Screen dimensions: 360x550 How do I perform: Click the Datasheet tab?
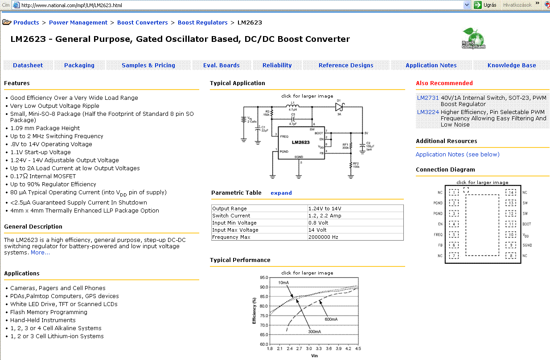(x=28, y=65)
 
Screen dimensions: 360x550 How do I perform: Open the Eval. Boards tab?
(x=222, y=65)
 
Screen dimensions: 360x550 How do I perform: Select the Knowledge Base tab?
(x=512, y=65)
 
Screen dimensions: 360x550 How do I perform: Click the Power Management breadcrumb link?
(x=78, y=22)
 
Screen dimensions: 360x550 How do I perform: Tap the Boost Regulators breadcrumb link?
(x=203, y=22)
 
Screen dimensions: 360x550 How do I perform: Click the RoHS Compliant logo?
(x=473, y=38)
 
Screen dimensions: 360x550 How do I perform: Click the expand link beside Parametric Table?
(x=281, y=193)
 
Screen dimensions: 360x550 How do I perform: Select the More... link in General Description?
(x=40, y=253)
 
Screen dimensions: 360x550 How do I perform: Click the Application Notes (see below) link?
(x=457, y=154)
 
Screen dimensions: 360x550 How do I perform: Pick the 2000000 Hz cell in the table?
(x=324, y=237)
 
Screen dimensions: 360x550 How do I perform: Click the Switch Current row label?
(x=229, y=216)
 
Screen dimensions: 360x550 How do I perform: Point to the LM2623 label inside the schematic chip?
(x=300, y=143)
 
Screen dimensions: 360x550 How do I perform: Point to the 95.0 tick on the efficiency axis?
(x=263, y=277)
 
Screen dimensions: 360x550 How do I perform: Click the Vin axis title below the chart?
(x=315, y=356)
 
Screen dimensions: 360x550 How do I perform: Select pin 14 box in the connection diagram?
(x=511, y=192)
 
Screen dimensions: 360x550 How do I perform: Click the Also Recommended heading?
(x=444, y=83)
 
